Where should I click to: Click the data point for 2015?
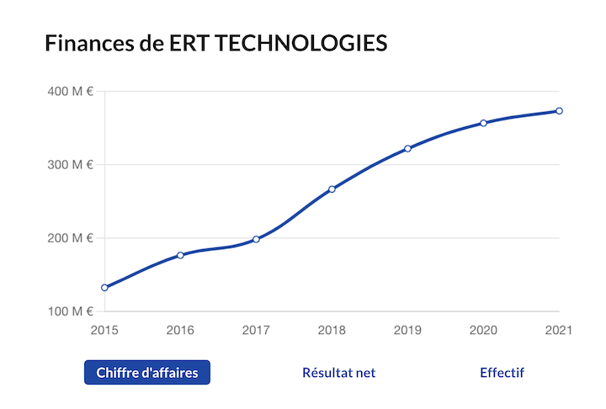coord(104,288)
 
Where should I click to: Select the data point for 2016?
coord(180,255)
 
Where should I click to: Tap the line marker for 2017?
coord(256,239)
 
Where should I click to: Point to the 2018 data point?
coord(332,189)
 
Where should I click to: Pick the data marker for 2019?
coord(407,149)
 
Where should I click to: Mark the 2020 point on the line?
coord(483,123)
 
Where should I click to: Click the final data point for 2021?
coord(559,111)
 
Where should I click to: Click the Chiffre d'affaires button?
coord(147,373)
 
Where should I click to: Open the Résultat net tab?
coord(338,373)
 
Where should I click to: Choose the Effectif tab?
coord(502,373)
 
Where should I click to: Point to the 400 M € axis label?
coord(70,91)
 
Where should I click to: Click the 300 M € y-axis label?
coord(70,165)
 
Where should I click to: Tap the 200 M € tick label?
coord(70,238)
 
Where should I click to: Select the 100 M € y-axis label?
coord(70,312)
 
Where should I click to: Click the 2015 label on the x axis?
coord(104,331)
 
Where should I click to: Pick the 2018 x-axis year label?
coord(332,331)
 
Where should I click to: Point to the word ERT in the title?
coord(191,43)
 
